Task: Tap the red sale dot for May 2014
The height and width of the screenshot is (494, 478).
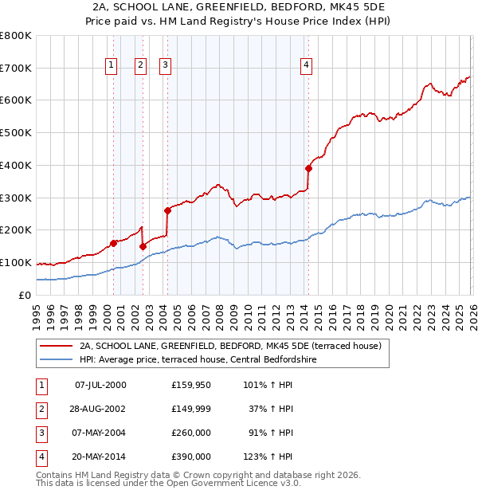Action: [x=308, y=168]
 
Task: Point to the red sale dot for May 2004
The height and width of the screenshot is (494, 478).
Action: [x=167, y=210]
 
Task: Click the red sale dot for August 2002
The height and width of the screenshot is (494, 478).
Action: [x=143, y=246]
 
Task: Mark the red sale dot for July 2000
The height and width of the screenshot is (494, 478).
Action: [x=113, y=243]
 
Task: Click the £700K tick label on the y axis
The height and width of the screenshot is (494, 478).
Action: [x=16, y=69]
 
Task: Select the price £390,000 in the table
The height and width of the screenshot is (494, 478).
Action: [x=191, y=457]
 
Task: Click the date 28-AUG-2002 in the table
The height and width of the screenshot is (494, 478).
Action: [x=100, y=409]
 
